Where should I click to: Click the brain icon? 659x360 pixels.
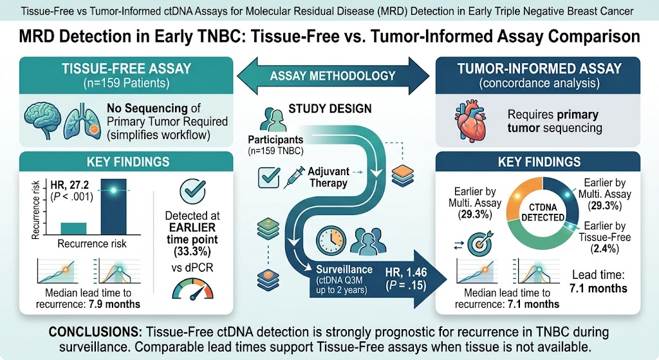pos(42,120)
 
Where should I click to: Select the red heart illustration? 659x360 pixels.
pos(470,122)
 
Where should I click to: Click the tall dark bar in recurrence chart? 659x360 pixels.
pos(113,207)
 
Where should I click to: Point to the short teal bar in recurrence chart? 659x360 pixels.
pos(73,229)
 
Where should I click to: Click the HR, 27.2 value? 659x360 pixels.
pos(70,185)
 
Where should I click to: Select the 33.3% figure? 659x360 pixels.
pos(192,252)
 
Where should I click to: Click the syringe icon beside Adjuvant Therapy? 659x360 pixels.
pos(294,177)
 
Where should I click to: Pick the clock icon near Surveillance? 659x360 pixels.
pos(331,241)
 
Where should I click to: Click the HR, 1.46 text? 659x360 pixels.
pos(406,272)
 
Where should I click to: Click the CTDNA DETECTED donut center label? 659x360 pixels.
pos(543,213)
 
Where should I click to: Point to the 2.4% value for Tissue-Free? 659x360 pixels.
pos(605,249)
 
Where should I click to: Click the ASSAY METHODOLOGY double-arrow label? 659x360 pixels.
pos(333,76)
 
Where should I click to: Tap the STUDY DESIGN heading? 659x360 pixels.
pos(330,109)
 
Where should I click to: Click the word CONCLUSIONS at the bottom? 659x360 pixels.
pos(96,332)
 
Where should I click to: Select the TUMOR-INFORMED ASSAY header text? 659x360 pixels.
pos(539,68)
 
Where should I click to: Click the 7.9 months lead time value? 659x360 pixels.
pos(115,304)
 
